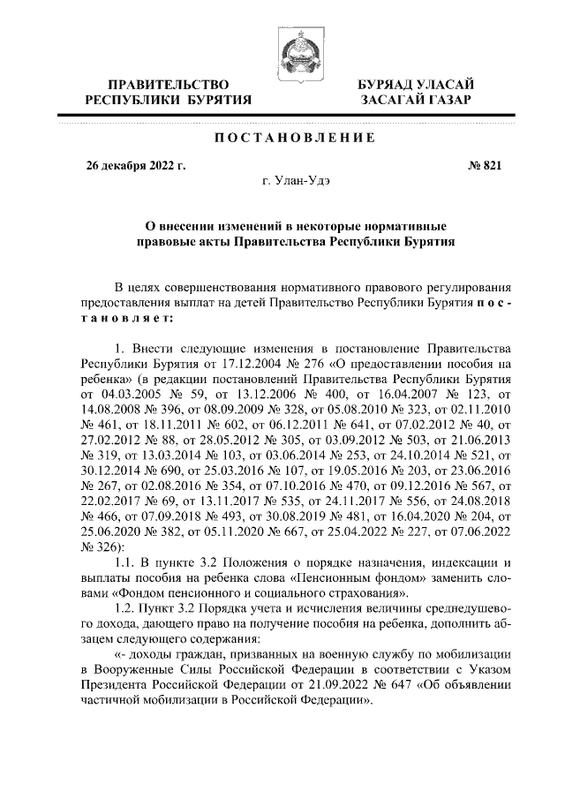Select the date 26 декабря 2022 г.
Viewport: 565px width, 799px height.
tap(135, 165)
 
